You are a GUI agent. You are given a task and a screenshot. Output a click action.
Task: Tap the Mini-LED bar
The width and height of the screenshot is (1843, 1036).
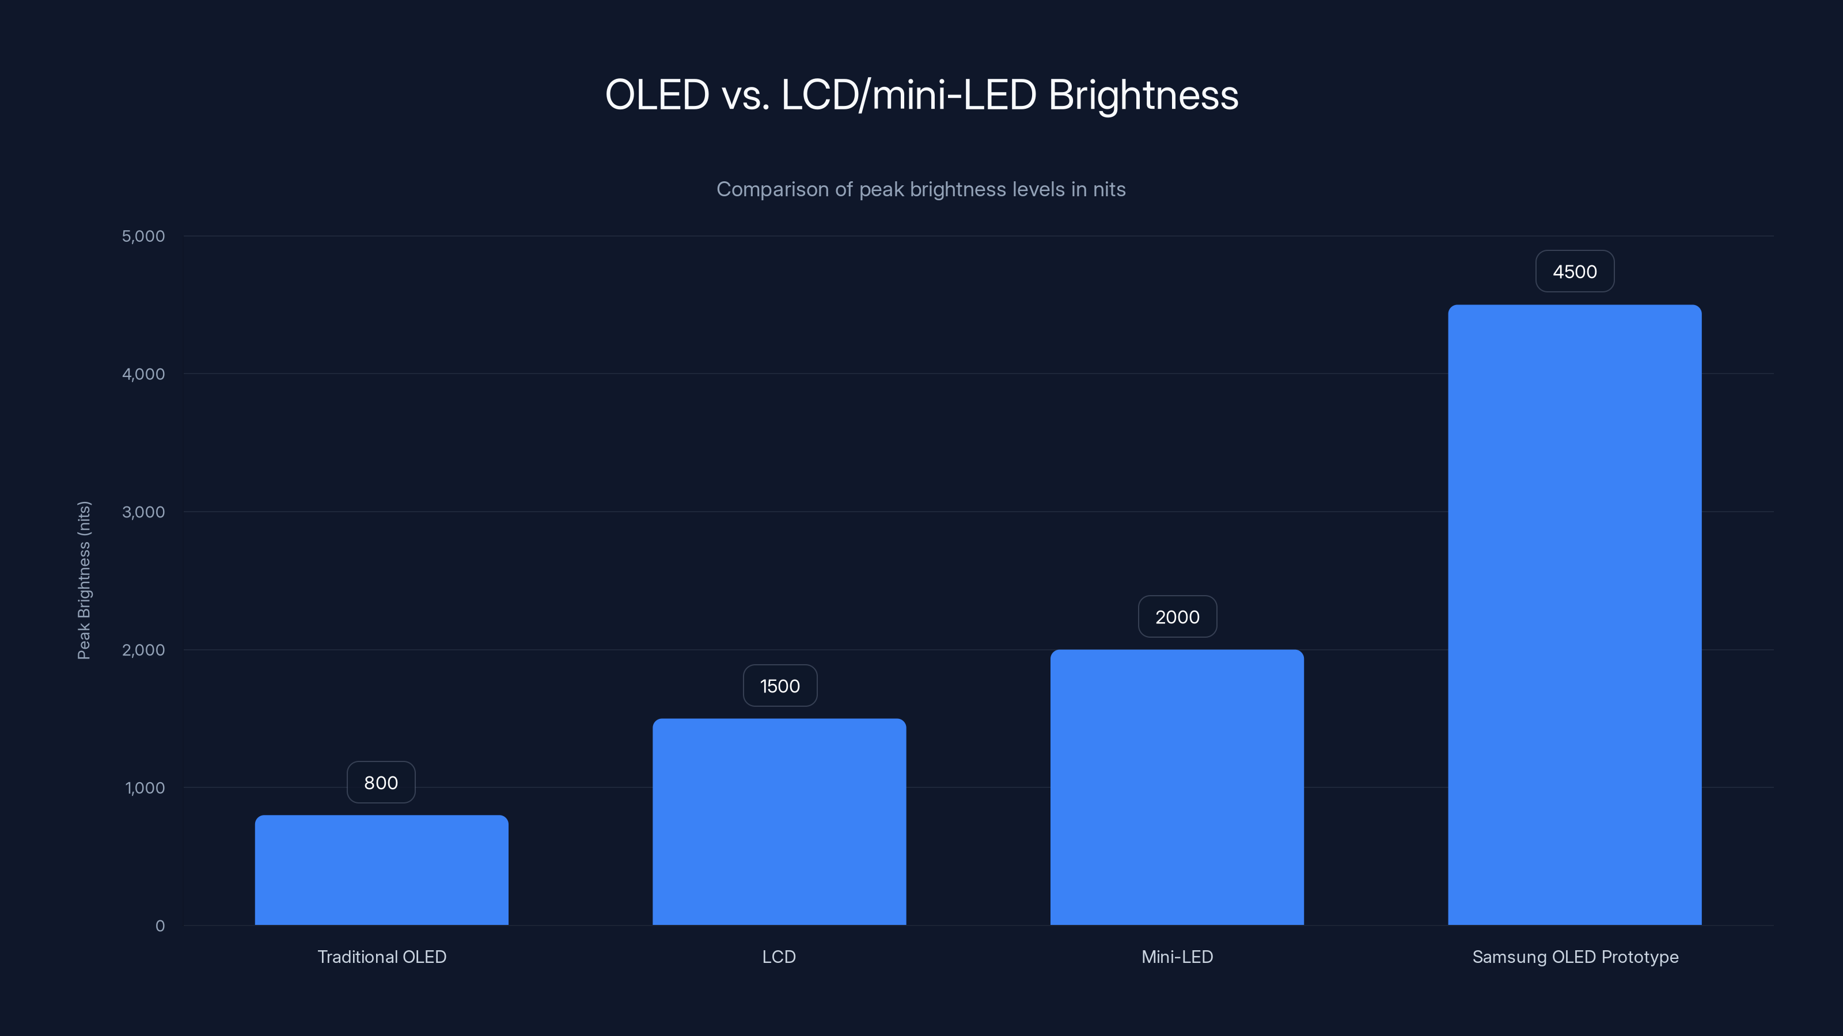pyautogui.click(x=1177, y=787)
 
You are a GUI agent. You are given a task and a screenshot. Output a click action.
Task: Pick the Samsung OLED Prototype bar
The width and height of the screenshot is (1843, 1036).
pyautogui.click(x=1575, y=615)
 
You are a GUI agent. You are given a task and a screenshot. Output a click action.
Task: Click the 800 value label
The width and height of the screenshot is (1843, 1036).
pyautogui.click(x=381, y=782)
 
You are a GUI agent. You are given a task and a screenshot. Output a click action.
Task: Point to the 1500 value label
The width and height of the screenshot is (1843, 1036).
pyautogui.click(x=780, y=685)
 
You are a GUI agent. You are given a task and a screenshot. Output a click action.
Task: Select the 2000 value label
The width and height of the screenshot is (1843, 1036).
pyautogui.click(x=1177, y=616)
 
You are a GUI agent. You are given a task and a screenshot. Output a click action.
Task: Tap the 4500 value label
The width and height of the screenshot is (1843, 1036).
pyautogui.click(x=1575, y=271)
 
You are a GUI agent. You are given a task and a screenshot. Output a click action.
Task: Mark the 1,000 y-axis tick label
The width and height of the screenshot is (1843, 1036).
pyautogui.click(x=145, y=788)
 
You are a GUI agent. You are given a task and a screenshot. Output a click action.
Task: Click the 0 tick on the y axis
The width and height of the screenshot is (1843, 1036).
pyautogui.click(x=160, y=926)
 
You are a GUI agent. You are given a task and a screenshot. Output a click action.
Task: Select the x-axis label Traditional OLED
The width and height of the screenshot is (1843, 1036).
pyautogui.click(x=381, y=957)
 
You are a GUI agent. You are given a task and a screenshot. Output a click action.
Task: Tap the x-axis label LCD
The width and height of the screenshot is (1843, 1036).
pyautogui.click(x=779, y=957)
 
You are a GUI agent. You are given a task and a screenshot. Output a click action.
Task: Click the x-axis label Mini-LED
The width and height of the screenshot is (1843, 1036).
pyautogui.click(x=1177, y=957)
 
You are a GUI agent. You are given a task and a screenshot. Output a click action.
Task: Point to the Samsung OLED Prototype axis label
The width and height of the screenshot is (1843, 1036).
pyautogui.click(x=1575, y=957)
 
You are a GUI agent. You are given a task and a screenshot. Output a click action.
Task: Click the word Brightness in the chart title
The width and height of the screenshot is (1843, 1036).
pyautogui.click(x=1143, y=95)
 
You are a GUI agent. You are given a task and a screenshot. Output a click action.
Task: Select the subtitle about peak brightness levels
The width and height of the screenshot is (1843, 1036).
pyautogui.click(x=921, y=189)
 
